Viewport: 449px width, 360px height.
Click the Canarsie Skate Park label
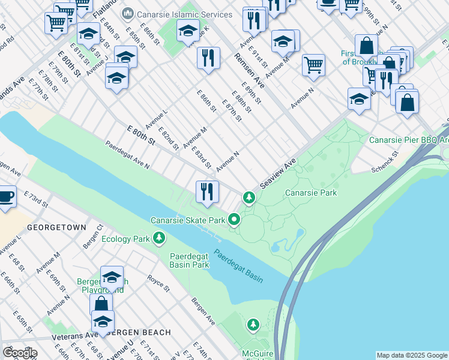pos(188,220)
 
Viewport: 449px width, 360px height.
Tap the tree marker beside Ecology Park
pos(159,239)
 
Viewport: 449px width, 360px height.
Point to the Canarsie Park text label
pos(310,193)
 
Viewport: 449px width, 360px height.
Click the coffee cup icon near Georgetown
pos(6,197)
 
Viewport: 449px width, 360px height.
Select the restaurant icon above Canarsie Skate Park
pos(206,192)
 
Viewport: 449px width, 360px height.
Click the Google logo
pos(19,353)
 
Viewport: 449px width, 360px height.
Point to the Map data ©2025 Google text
pos(412,355)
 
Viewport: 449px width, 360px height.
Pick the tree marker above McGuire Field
pos(253,325)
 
